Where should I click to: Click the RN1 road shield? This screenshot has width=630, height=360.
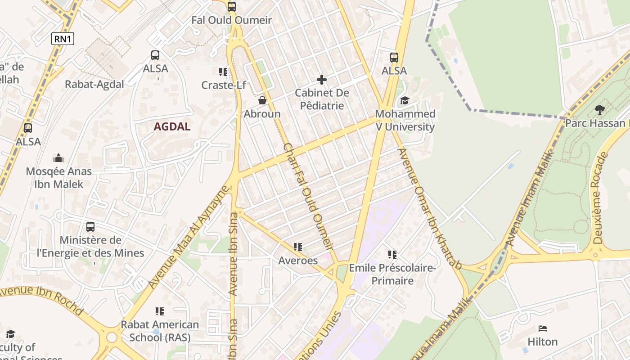(x=63, y=39)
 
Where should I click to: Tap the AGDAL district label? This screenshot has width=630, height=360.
(x=172, y=127)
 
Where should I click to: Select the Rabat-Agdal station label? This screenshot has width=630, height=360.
(x=94, y=84)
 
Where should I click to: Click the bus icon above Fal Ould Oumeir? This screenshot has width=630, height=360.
(x=231, y=7)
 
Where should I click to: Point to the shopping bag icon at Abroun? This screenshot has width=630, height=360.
(x=262, y=100)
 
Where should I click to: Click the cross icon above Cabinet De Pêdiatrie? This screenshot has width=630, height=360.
(x=322, y=80)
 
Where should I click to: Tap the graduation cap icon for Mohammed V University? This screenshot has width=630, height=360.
(x=405, y=100)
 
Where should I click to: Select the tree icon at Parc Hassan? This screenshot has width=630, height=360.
(x=599, y=109)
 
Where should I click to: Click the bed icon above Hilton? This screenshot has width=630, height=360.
(x=543, y=328)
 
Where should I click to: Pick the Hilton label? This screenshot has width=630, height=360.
(x=543, y=342)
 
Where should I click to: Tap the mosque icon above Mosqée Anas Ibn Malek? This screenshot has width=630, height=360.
(x=58, y=158)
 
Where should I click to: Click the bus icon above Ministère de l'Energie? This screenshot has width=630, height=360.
(x=90, y=227)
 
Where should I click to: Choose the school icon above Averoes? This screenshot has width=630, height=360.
(x=298, y=247)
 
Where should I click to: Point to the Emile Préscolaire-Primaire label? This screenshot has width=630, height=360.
(x=393, y=274)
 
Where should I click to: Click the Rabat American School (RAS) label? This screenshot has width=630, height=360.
(x=160, y=331)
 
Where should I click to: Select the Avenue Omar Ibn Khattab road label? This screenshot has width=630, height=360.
(x=429, y=208)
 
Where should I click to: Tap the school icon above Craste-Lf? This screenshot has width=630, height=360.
(x=223, y=72)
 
